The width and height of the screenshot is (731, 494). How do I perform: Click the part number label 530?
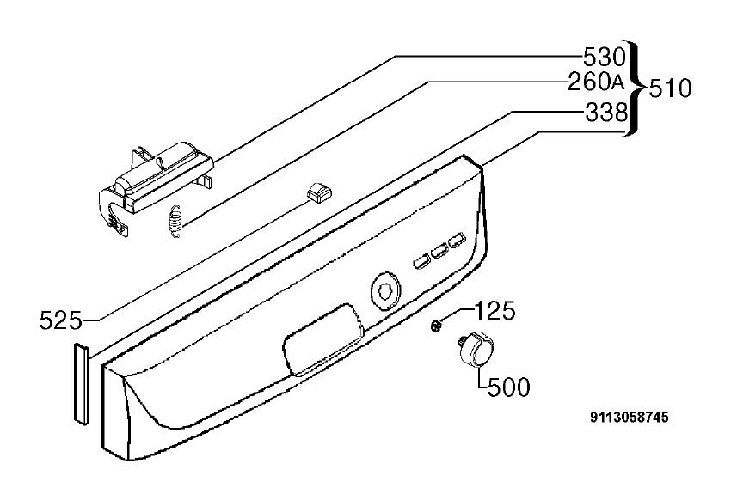[x=605, y=58]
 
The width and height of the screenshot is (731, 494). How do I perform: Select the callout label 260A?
[x=596, y=83]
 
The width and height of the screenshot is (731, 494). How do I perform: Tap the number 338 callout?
[x=606, y=113]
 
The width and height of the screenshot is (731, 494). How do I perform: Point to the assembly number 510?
[x=671, y=88]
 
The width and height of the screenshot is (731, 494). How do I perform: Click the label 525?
[x=60, y=320]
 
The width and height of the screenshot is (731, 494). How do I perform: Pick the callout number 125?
[x=495, y=310]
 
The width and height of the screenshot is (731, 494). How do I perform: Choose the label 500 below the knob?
[x=509, y=387]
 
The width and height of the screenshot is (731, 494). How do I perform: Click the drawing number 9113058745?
[x=629, y=417]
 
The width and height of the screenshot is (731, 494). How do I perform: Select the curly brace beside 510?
[x=635, y=88]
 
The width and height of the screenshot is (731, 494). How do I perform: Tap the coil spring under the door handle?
[x=175, y=223]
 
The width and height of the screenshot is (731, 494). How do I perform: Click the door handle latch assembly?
[x=156, y=186]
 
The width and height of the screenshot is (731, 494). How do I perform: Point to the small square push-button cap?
[x=316, y=192]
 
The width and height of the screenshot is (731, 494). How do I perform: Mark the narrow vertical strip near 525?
[x=80, y=384]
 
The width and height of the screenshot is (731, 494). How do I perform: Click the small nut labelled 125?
[x=436, y=326]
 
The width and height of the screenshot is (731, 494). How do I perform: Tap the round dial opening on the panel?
[x=385, y=290]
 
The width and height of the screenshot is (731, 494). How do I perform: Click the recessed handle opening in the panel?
[x=323, y=340]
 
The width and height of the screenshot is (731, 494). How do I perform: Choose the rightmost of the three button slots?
[x=457, y=240]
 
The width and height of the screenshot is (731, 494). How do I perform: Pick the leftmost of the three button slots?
[x=421, y=262]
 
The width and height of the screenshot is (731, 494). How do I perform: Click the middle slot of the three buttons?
[x=439, y=251]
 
